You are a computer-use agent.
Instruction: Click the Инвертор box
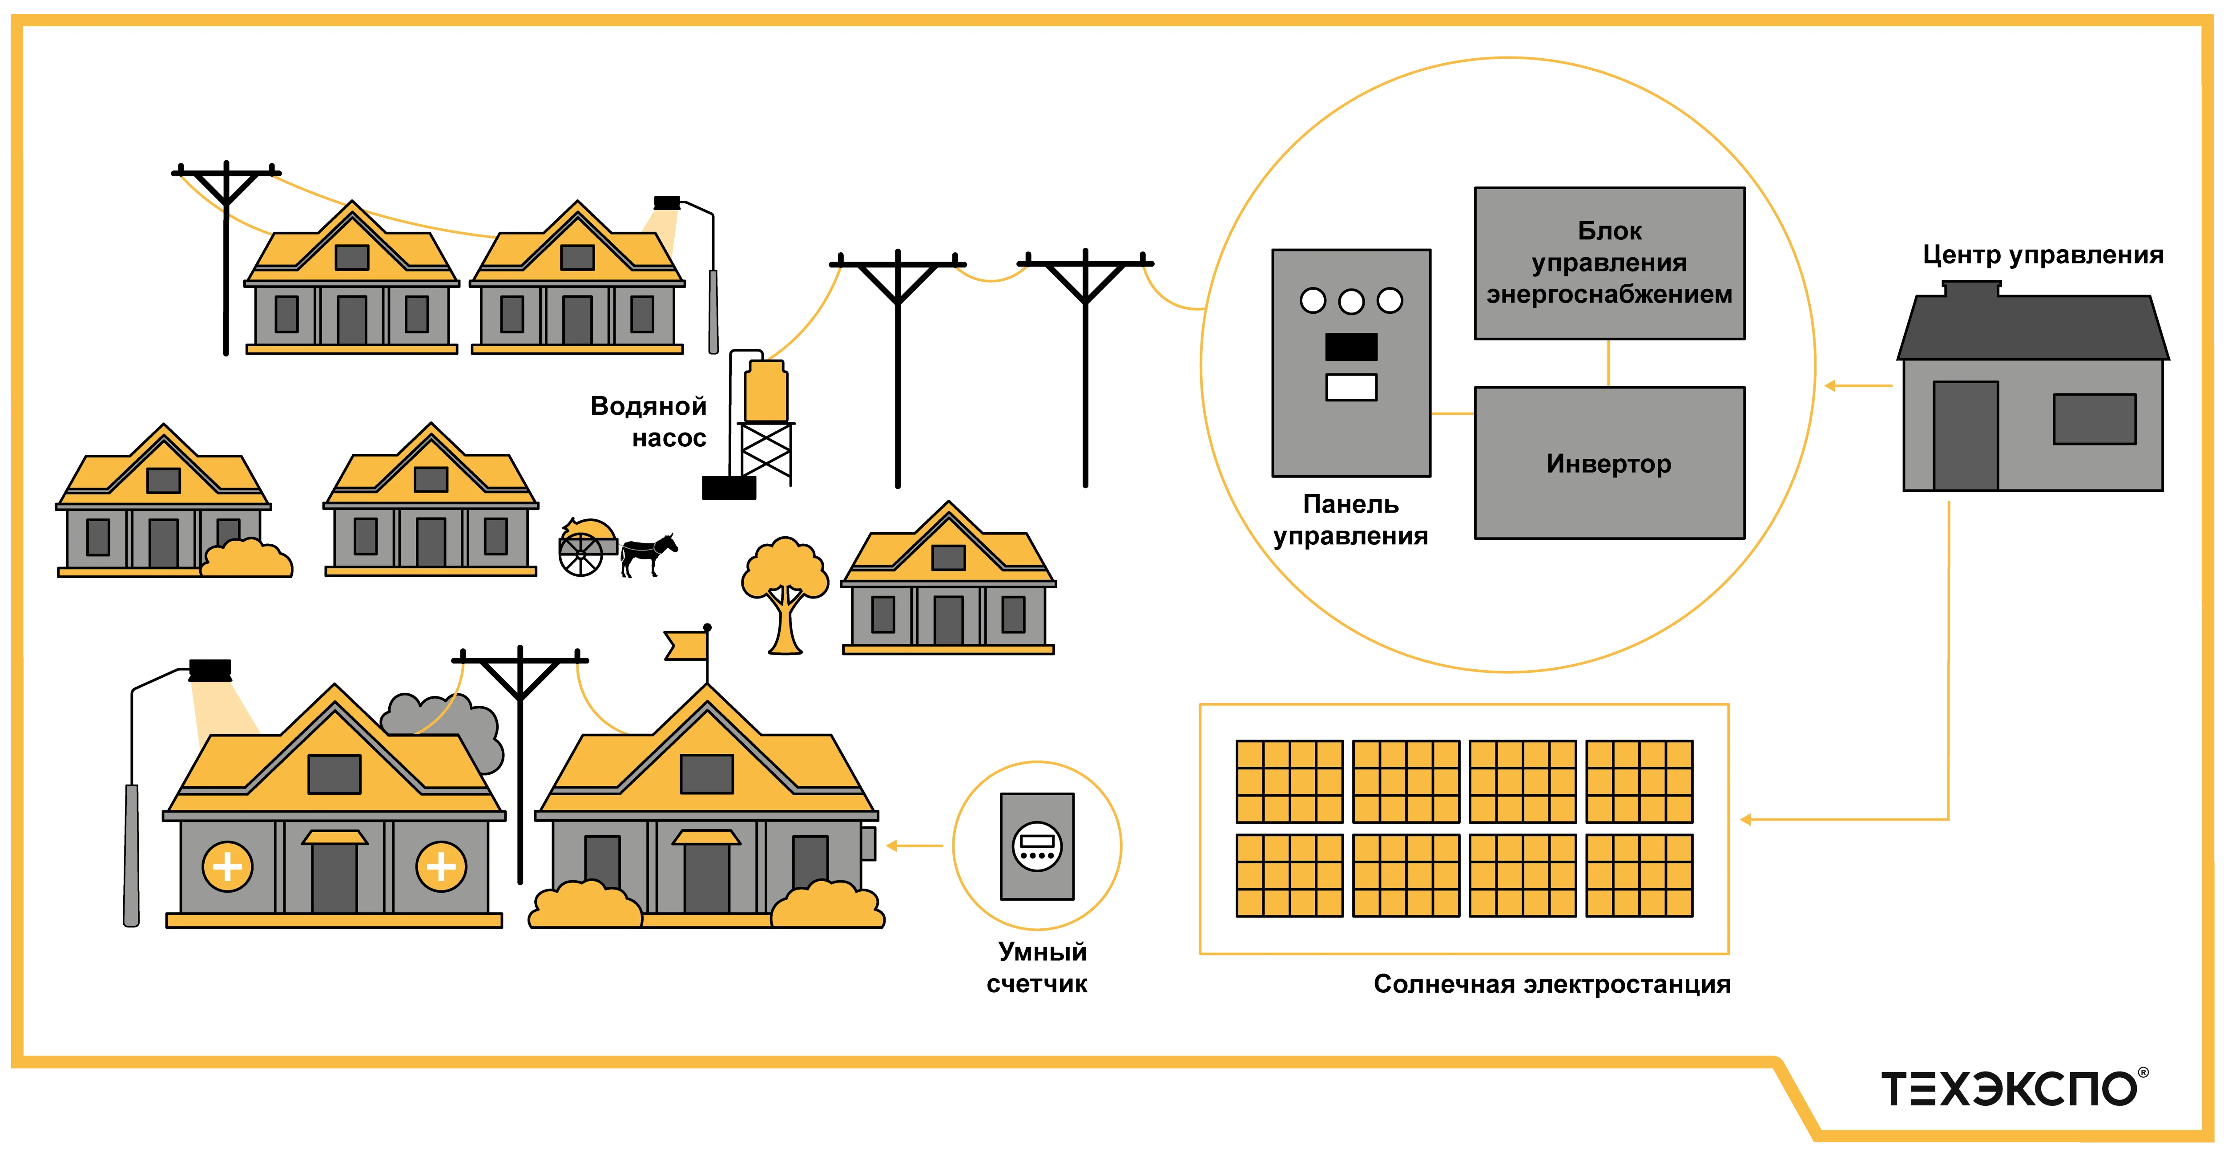click(x=1608, y=463)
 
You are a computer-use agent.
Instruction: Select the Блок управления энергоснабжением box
click(x=1608, y=263)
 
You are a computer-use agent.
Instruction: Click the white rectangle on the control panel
click(x=1351, y=387)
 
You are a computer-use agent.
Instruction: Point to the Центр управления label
click(x=2043, y=255)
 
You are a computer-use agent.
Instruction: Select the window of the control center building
click(x=2095, y=419)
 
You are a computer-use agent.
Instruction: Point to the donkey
click(x=648, y=553)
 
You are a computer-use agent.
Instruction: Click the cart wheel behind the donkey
click(x=580, y=554)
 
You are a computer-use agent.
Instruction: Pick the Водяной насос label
click(x=649, y=421)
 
